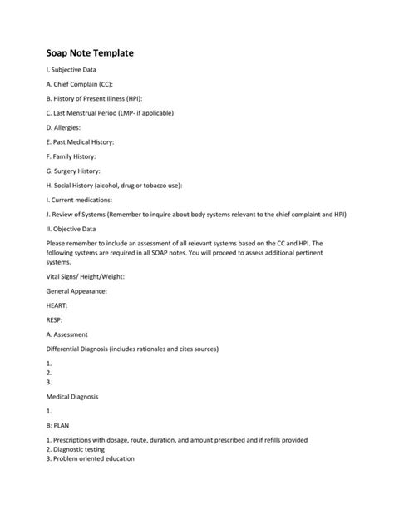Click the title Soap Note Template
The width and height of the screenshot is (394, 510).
[x=89, y=53]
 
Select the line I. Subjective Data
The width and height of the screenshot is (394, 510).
[x=73, y=76]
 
